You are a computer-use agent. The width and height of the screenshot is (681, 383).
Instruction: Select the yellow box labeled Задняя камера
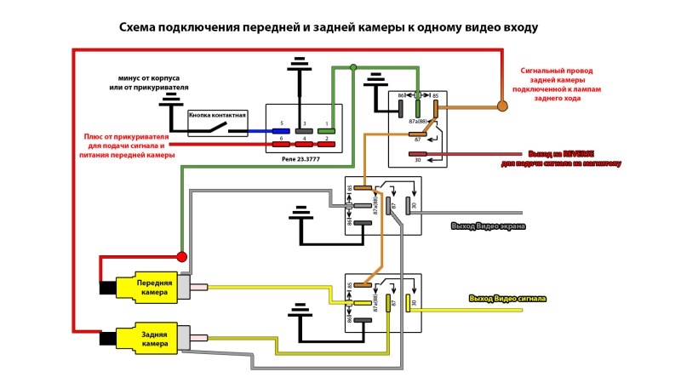[x=154, y=338]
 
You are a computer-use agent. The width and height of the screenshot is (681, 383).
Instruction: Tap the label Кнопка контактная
[x=217, y=114]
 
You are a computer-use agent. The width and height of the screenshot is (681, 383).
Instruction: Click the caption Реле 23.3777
[x=304, y=157]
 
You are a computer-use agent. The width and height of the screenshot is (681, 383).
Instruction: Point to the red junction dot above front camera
[x=181, y=256]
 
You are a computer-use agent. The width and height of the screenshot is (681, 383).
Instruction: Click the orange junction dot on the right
[x=502, y=106]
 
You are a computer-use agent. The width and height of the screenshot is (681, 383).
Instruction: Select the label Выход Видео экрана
[x=488, y=226]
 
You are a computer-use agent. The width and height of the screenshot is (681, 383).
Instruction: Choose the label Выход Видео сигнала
[x=507, y=299]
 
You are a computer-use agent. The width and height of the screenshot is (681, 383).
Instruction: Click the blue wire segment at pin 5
[x=255, y=131]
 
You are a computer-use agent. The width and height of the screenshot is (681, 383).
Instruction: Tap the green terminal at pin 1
[x=327, y=131]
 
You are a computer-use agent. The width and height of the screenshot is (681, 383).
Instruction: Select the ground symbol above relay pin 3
[x=298, y=67]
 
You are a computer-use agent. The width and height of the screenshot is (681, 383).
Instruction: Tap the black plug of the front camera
[x=108, y=288]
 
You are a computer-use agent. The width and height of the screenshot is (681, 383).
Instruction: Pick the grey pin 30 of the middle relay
[x=409, y=205]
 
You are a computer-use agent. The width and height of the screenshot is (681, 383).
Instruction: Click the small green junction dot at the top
[x=354, y=67]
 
